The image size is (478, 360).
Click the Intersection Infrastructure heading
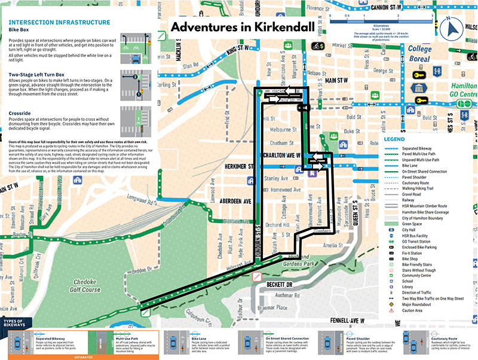click(59, 22)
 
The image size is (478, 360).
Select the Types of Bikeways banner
click(17, 323)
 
